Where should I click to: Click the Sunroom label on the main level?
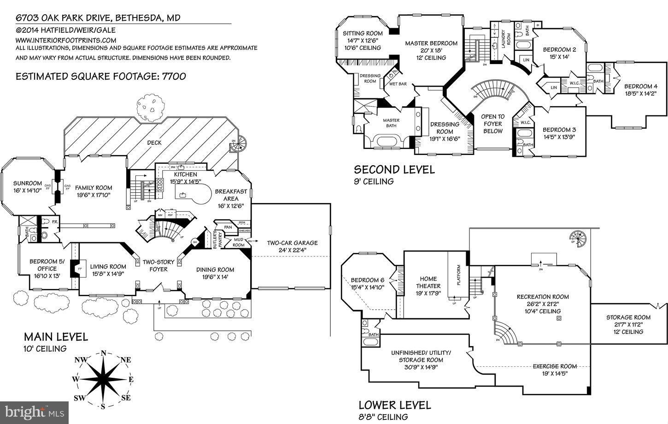[27, 183]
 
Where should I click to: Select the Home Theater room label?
[428, 279]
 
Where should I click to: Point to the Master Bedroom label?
[431, 43]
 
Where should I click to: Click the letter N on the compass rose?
[104, 353]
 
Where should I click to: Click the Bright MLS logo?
[35, 412]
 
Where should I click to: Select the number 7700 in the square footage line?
[174, 76]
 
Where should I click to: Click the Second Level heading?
[394, 170]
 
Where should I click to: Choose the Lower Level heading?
[395, 405]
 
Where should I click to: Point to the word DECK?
[154, 143]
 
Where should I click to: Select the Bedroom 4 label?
[640, 86]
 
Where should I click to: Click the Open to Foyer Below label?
[492, 124]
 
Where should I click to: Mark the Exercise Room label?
[555, 366]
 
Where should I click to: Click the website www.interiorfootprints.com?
[66, 40]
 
